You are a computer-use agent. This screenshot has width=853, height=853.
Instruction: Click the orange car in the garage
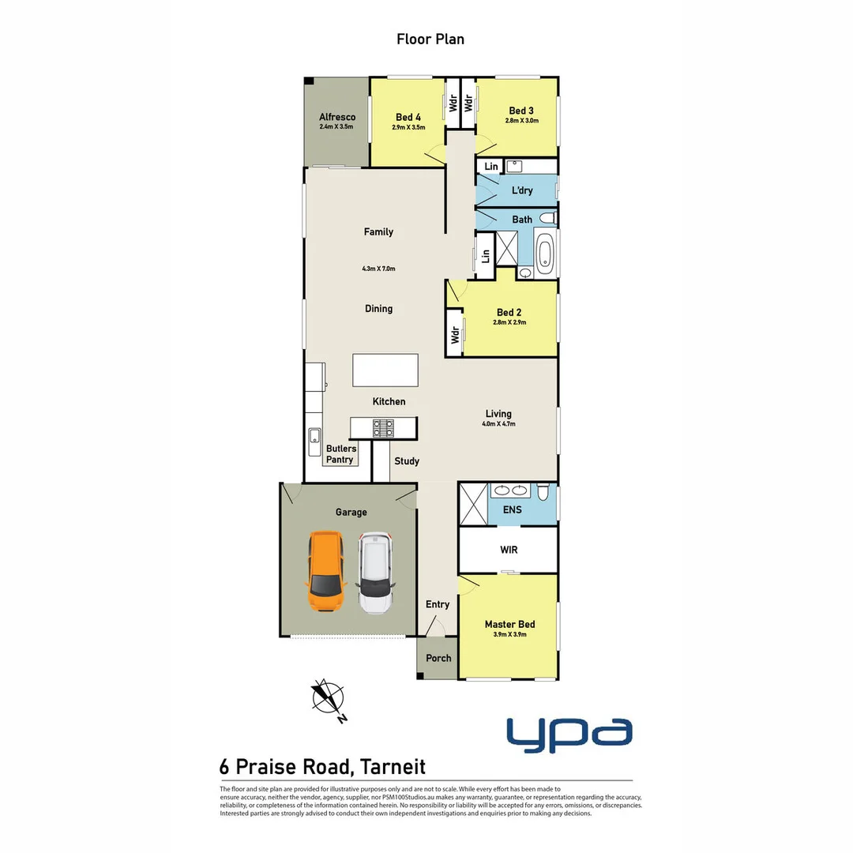click(x=326, y=571)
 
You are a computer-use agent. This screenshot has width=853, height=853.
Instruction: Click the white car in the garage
click(x=376, y=571)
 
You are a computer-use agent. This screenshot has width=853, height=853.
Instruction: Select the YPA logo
click(x=569, y=731)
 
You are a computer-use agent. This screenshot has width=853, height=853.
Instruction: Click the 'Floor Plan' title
click(x=430, y=38)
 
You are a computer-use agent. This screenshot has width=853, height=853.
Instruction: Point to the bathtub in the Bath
click(x=545, y=253)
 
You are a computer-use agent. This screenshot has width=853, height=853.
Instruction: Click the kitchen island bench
click(x=385, y=370)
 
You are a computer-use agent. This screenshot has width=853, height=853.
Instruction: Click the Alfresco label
click(x=337, y=117)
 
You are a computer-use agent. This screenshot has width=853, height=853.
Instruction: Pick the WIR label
click(x=509, y=550)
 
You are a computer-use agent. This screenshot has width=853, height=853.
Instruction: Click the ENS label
click(x=512, y=509)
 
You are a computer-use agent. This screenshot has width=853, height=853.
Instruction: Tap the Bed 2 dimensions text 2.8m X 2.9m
click(x=509, y=322)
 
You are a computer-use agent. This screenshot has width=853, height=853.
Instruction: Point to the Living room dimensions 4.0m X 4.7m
click(x=498, y=424)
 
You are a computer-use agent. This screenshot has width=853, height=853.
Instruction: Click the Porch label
click(x=438, y=658)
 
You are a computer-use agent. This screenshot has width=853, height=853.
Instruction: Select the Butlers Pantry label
click(x=340, y=454)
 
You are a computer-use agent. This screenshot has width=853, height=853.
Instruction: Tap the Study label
click(x=407, y=460)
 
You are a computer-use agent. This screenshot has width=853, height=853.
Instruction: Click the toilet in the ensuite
click(x=543, y=493)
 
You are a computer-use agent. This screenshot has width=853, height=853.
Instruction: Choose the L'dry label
click(x=522, y=190)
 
